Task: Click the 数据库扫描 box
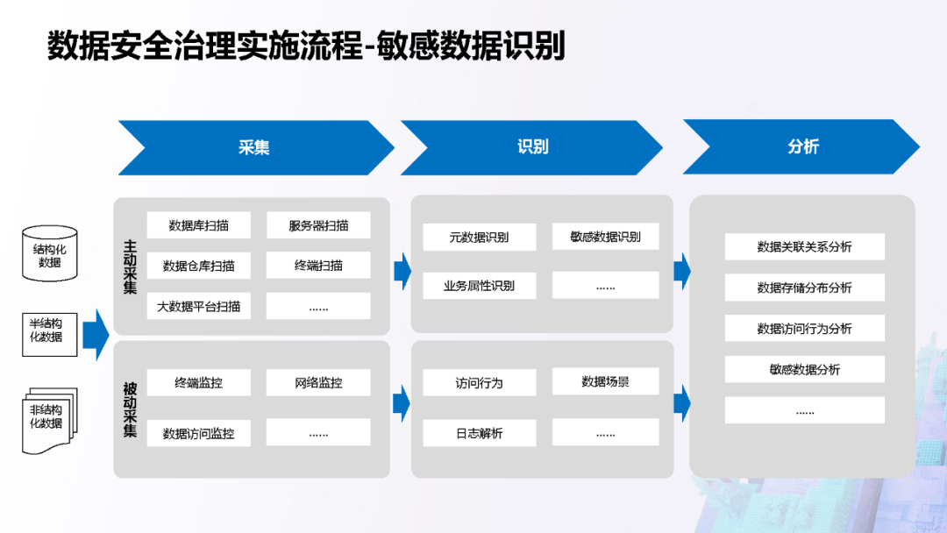coord(198,225)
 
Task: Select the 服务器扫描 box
coord(318,225)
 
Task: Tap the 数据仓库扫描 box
coord(198,266)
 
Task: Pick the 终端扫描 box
coord(318,266)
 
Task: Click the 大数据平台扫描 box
coord(198,306)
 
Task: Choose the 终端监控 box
coord(198,382)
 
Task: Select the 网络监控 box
coord(318,382)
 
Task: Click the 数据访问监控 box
coord(198,433)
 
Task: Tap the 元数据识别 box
coord(479,237)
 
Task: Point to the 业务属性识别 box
coord(479,285)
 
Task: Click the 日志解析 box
coord(479,433)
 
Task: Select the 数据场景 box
coord(605,381)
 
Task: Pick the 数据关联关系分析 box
coord(804,247)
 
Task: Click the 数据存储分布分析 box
coord(804,288)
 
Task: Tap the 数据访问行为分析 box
coord(804,329)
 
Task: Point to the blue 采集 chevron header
coord(254,147)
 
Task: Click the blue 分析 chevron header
coord(802,147)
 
